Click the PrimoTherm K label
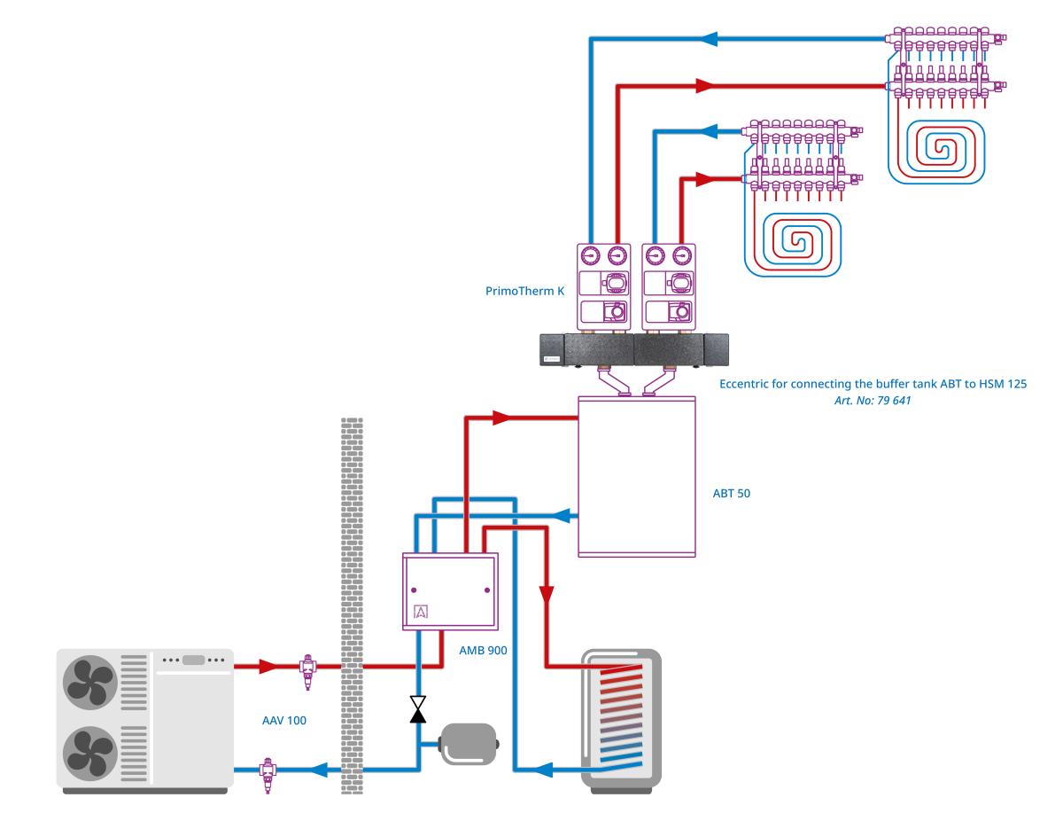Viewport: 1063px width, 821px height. tap(524, 290)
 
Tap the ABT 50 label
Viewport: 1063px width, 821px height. tap(732, 492)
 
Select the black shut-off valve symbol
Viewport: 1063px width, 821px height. tap(417, 708)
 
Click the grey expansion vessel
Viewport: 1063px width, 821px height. tap(469, 743)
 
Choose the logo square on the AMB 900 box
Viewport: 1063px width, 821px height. tap(420, 611)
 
